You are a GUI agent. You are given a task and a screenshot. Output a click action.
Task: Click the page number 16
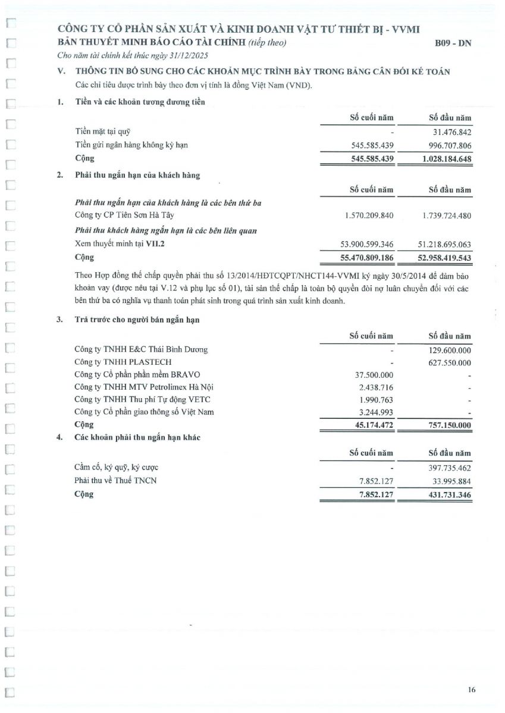(472, 690)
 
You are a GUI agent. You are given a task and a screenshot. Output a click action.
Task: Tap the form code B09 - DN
(453, 43)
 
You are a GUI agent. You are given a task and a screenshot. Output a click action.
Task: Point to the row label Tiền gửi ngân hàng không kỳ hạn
(131, 145)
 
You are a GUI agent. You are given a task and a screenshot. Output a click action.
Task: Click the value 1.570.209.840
(369, 216)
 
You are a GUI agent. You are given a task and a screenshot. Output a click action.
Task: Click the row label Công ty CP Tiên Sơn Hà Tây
(124, 215)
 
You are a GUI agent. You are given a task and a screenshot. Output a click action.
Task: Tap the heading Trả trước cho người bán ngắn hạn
(137, 320)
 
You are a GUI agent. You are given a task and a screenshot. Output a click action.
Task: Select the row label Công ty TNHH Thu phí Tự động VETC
(142, 400)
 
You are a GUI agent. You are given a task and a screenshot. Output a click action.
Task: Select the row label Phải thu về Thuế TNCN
(115, 480)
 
